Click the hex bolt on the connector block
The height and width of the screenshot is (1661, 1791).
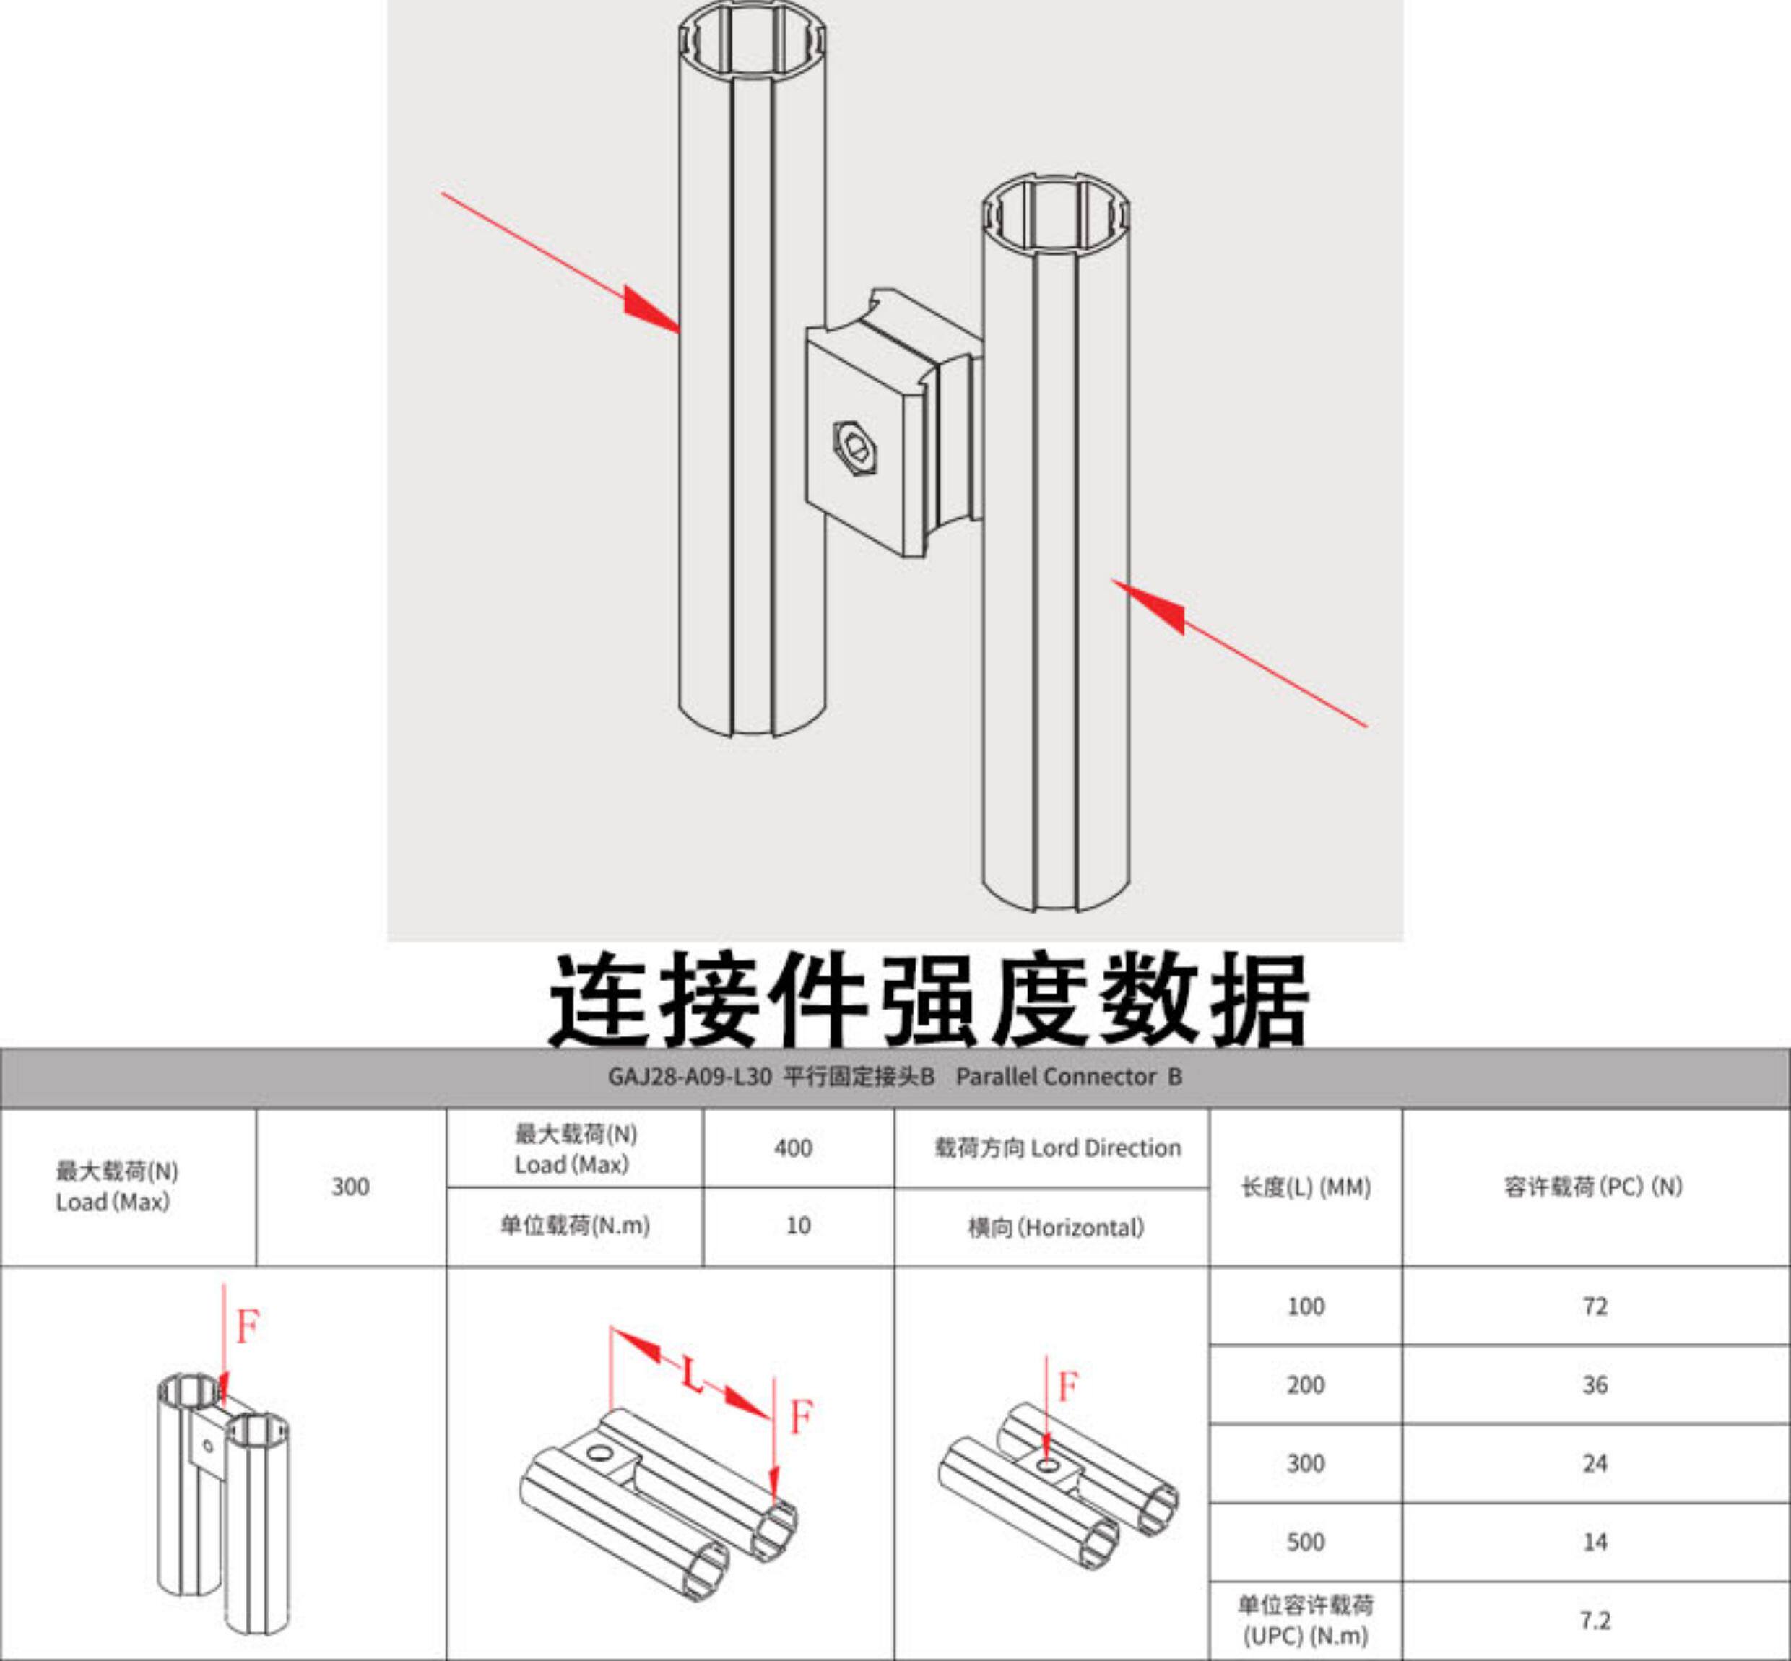(854, 447)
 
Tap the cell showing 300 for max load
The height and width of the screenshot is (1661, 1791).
(350, 1187)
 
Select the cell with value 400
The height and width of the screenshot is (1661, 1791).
(793, 1148)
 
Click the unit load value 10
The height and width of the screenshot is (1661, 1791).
(797, 1226)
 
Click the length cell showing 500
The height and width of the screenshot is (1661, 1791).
(1305, 1543)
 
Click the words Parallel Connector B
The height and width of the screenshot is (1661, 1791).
(1069, 1077)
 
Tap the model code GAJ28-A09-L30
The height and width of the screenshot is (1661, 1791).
(689, 1077)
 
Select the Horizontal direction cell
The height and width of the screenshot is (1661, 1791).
(1056, 1228)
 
